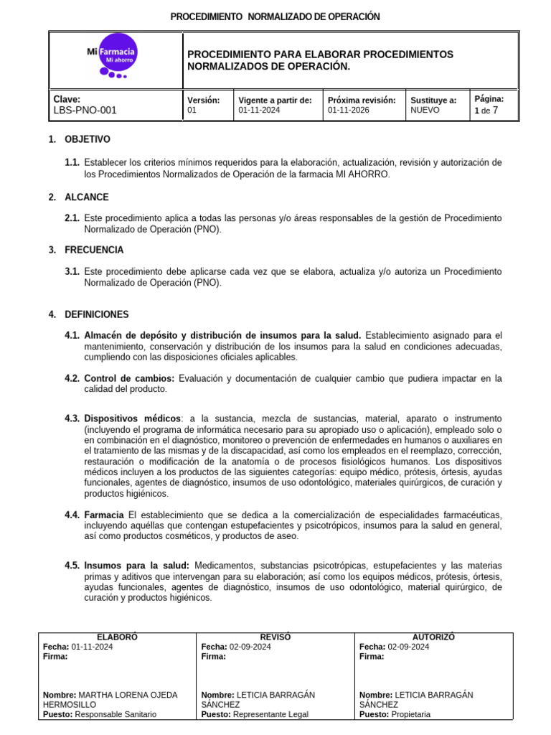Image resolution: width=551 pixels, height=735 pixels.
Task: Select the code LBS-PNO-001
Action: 85,111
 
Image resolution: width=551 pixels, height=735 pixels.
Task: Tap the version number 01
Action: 192,111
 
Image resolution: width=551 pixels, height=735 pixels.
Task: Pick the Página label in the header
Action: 489,99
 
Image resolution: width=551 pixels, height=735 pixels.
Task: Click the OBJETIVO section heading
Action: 88,139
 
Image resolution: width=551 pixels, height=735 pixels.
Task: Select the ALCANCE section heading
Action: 87,197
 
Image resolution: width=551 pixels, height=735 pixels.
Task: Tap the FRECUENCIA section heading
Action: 94,250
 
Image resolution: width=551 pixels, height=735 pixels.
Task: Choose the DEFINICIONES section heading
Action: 97,314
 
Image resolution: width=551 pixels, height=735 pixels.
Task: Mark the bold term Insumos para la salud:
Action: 136,566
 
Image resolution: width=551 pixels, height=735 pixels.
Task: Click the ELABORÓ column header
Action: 117,637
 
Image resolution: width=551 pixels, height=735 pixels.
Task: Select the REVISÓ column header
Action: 275,637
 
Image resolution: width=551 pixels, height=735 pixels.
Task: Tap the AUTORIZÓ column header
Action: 433,637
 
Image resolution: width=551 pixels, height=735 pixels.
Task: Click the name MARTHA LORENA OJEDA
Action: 128,695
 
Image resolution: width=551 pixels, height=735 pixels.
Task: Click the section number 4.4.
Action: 72,515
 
